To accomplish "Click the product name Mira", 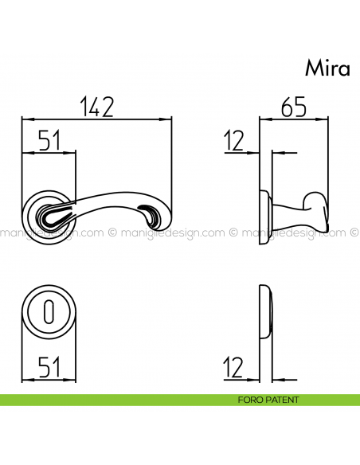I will [x=327, y=68].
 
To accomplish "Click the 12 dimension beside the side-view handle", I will [x=233, y=142].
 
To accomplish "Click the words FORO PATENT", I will [x=268, y=400].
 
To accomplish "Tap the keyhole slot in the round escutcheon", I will [x=49, y=312].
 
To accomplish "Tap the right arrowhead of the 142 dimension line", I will [x=168, y=119].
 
